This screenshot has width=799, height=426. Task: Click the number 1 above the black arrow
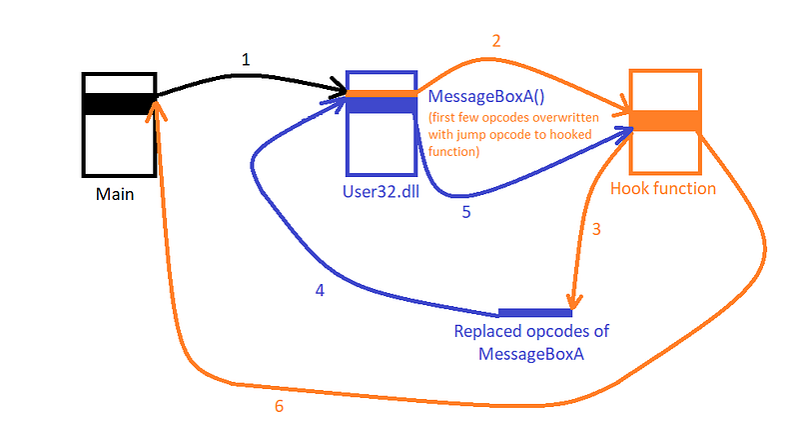click(x=247, y=60)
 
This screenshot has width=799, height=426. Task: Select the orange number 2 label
click(x=495, y=41)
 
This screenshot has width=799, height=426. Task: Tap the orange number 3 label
click(x=596, y=229)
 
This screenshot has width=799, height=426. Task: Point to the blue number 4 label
click(x=320, y=291)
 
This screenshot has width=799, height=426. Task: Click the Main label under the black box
click(x=116, y=194)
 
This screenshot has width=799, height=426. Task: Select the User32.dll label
click(x=380, y=189)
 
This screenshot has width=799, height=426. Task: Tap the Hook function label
click(x=663, y=188)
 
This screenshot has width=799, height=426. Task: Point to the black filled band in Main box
click(x=118, y=102)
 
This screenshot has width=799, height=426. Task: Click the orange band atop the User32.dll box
click(x=381, y=94)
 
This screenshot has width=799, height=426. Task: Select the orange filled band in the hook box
click(x=665, y=120)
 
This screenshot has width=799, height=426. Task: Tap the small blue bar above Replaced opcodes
click(x=534, y=313)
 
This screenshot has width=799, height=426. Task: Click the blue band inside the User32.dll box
click(x=381, y=105)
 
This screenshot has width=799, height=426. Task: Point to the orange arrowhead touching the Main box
click(x=152, y=110)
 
